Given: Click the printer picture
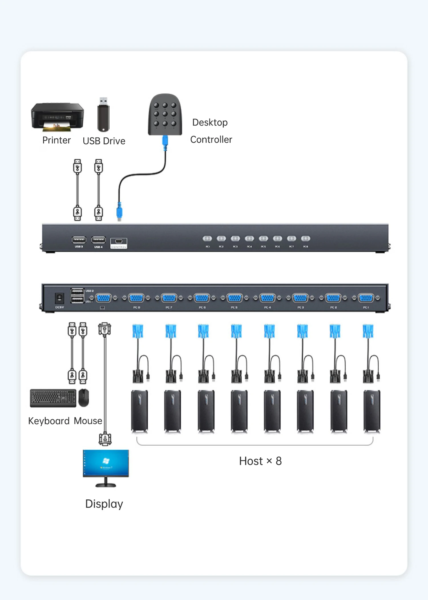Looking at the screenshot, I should coord(57,117).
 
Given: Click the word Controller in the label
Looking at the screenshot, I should coord(211,140).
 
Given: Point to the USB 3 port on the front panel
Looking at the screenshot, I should coord(79,240).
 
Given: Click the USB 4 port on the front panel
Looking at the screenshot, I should coord(98,240).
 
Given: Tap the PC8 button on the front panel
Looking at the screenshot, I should coord(306,239).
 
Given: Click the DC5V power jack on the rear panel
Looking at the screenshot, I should coord(59,298).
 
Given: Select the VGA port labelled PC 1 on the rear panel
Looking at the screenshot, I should coord(366,298).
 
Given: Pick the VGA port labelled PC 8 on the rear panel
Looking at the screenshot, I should coord(136,298).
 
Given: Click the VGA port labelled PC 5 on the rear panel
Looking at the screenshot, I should coord(235,298).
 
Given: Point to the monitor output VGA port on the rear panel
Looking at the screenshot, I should coord(103,298).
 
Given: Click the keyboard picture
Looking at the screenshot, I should coord(53,398).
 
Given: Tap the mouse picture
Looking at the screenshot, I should coord(84,397).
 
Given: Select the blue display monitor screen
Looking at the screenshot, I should coord(106,463).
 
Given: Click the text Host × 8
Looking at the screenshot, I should coord(260,461).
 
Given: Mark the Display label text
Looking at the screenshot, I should coord(104,504).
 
